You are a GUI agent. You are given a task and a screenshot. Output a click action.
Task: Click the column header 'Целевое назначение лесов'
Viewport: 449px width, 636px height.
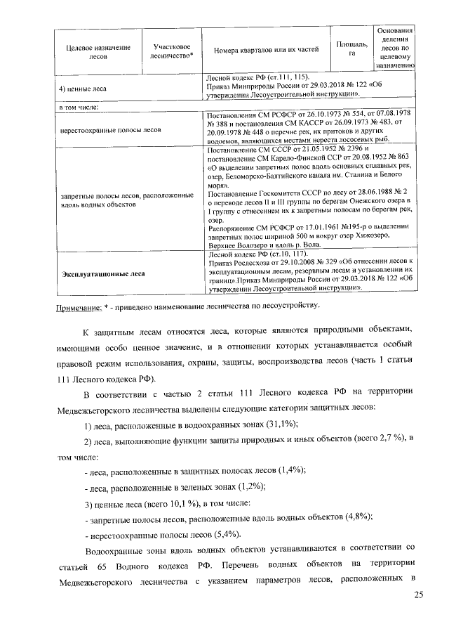[x=98, y=53]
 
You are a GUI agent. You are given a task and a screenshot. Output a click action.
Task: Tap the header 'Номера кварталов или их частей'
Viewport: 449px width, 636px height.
[x=266, y=49]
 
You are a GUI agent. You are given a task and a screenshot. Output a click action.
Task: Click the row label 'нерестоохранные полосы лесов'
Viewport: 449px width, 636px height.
[x=112, y=130]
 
